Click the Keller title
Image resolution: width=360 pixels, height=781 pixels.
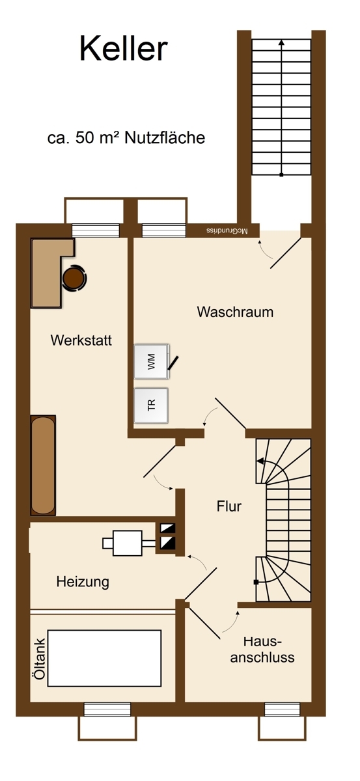[x=124, y=49]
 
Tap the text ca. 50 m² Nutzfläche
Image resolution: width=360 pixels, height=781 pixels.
[x=126, y=138]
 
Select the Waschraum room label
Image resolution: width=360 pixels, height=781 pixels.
[x=235, y=312]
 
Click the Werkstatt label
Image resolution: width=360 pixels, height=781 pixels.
[x=81, y=340]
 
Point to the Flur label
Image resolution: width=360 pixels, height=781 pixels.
[x=229, y=506]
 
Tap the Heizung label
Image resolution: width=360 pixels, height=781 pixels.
[x=83, y=582]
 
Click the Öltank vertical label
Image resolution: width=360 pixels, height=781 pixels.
[x=40, y=659]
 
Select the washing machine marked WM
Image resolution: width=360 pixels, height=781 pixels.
[x=152, y=361]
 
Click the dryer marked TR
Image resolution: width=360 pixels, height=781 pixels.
[x=151, y=405]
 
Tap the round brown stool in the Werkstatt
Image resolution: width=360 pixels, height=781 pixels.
[x=74, y=278]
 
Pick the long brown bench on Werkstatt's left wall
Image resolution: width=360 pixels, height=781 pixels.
[x=43, y=465]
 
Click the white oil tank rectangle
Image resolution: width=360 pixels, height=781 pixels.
[x=104, y=658]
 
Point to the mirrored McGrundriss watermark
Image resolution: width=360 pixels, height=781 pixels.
[x=227, y=231]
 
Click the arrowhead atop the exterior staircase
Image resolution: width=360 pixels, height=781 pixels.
[x=281, y=43]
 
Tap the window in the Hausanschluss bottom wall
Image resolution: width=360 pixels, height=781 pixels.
[x=282, y=709]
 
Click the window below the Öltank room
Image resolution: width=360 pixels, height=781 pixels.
[x=107, y=709]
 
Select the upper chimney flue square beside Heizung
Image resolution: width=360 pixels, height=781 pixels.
[x=167, y=528]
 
